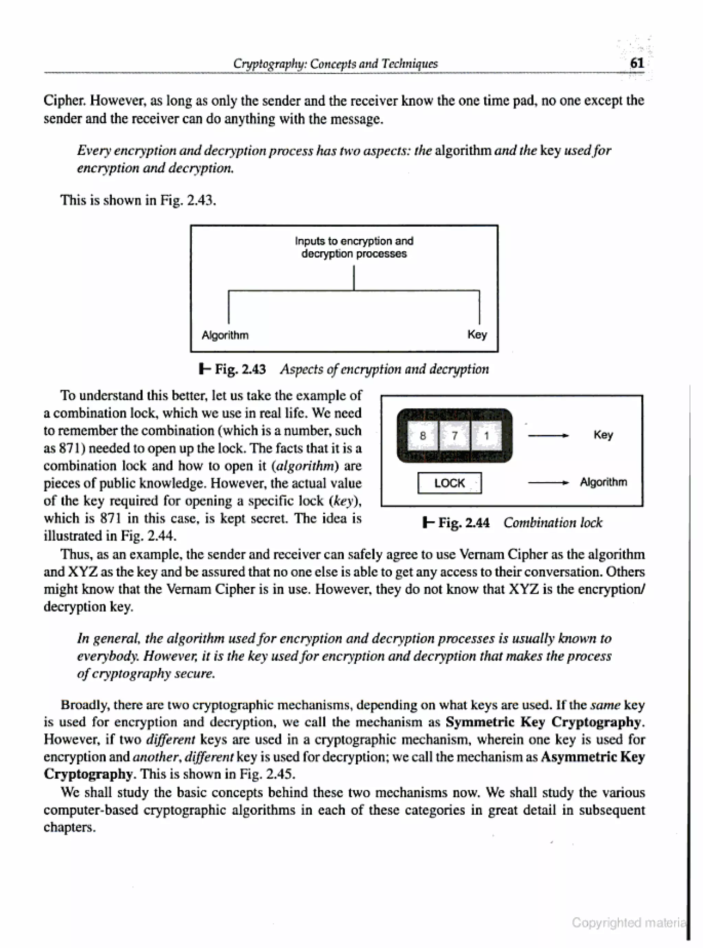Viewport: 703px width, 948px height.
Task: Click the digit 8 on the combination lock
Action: coord(423,435)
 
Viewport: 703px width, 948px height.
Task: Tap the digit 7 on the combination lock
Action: coord(454,435)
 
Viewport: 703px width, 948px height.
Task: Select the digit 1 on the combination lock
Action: coord(486,435)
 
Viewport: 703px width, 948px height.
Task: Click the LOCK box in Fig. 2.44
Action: coord(449,483)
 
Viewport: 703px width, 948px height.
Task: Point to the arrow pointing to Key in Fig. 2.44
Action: coord(548,435)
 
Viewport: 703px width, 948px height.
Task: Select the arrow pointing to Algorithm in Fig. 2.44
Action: coord(548,483)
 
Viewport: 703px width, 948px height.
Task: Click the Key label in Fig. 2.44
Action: coord(603,435)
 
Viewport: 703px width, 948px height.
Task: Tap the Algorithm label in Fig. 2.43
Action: coord(225,335)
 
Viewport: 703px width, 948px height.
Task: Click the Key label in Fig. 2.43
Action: coord(477,334)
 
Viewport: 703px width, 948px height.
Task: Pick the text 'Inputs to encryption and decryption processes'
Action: coord(354,247)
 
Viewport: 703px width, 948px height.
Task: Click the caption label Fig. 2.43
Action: coord(240,369)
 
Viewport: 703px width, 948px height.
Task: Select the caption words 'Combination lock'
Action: coord(553,523)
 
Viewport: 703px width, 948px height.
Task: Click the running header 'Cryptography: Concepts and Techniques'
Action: coord(335,64)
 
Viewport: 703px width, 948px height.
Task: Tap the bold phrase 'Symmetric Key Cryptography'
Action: coord(543,722)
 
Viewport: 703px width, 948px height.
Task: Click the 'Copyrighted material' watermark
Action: coord(629,923)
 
